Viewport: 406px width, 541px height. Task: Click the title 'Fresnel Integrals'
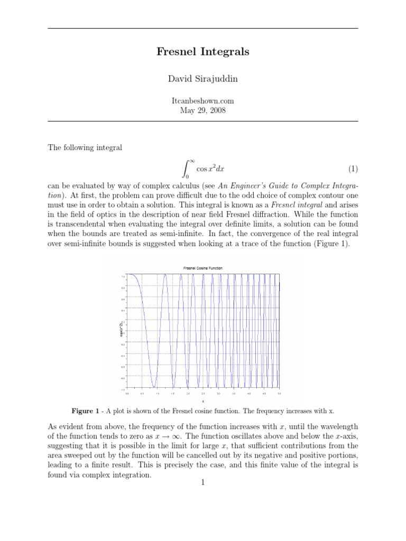coord(203,52)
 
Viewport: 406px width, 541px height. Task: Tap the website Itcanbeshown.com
coord(203,100)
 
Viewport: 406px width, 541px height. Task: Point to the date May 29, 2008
coord(203,110)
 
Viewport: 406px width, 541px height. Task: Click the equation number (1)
coord(353,169)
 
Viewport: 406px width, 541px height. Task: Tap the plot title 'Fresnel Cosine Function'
coord(203,268)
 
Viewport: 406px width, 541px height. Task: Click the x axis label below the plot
coord(203,401)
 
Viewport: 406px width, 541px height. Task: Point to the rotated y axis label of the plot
coord(121,331)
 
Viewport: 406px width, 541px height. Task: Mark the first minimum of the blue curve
coord(153,386)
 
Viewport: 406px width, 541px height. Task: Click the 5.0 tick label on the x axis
coord(279,394)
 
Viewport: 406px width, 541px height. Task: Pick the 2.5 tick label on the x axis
coord(203,394)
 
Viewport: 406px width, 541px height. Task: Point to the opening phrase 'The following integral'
coord(85,148)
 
